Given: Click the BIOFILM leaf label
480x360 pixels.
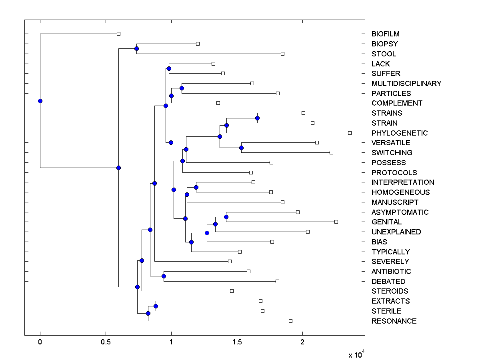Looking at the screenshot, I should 385,34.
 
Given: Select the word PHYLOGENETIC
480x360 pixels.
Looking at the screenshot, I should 399,133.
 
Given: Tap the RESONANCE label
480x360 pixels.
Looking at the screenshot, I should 394,321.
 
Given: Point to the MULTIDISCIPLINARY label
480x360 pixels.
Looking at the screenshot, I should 406,84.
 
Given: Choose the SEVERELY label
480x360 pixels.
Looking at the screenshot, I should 390,262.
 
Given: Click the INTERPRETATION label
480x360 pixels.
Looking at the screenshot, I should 402,182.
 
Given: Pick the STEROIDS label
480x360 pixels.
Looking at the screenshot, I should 390,291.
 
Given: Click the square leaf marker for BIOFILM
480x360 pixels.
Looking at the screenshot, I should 118,34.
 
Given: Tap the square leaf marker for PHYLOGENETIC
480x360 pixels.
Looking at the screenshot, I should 350,133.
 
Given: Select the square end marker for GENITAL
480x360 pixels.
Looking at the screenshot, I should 336,222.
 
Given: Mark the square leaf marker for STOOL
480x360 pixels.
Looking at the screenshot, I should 282,54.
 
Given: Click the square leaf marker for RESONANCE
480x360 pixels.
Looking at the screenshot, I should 290,321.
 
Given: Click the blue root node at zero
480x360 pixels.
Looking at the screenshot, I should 40,101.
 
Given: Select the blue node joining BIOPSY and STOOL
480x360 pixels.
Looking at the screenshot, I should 136,48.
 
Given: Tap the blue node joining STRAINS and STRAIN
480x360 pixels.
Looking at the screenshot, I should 257,118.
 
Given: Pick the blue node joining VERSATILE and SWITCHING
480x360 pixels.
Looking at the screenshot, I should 241,148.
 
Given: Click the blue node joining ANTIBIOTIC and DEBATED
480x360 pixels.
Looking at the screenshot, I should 164,276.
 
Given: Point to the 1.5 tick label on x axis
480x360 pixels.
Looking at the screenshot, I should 237,342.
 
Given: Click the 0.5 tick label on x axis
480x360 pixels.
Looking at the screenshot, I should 106,342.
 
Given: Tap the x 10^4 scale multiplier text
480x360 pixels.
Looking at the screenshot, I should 356,354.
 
